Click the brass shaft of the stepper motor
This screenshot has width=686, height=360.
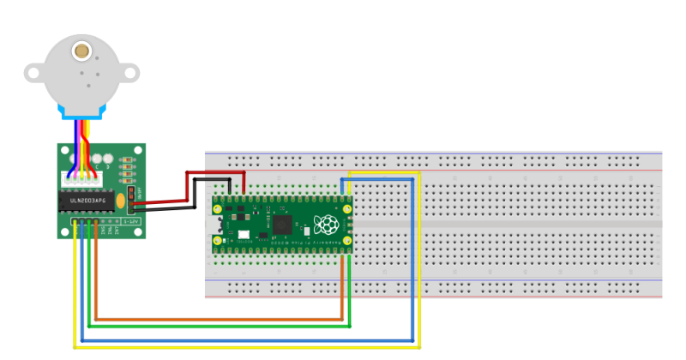click(82, 51)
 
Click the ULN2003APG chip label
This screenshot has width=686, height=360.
click(87, 201)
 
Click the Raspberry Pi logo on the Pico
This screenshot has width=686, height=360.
click(325, 225)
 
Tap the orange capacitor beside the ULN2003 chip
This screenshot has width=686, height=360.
click(121, 201)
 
